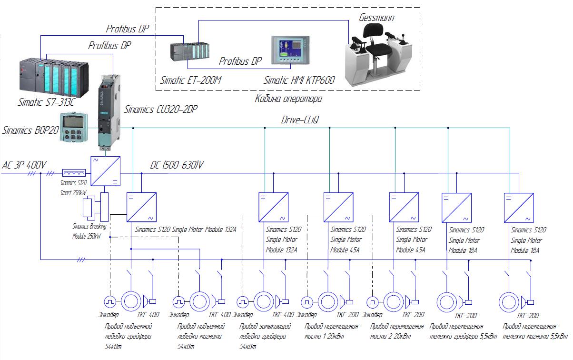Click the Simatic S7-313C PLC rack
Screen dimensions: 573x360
[54, 78]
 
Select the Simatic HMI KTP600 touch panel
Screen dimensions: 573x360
[291, 50]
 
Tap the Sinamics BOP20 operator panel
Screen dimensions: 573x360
[73, 127]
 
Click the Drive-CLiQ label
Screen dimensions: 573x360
[300, 120]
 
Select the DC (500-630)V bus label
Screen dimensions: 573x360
[177, 165]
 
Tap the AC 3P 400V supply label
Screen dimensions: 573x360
[24, 165]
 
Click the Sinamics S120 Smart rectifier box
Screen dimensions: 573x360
[105, 171]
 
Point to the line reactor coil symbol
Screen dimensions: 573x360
[74, 173]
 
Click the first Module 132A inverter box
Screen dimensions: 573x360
[141, 207]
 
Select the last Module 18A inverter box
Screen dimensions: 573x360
[519, 208]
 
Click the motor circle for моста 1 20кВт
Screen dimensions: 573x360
[328, 302]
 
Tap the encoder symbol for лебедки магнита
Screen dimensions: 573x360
[178, 302]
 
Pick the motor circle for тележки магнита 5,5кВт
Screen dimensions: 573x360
[509, 302]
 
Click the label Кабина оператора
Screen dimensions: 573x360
[288, 99]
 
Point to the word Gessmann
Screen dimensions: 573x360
[376, 18]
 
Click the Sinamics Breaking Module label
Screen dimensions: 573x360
[89, 231]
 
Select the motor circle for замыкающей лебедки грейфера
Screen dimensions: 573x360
[264, 301]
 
